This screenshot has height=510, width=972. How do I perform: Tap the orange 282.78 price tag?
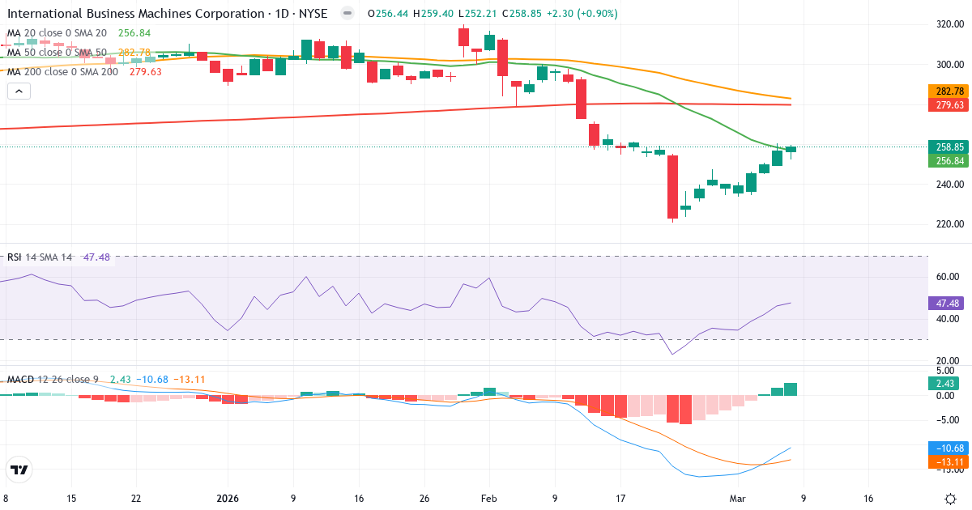[x=949, y=91]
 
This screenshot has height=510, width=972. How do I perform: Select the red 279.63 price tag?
[x=949, y=105]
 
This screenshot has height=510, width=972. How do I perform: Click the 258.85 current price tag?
[x=949, y=147]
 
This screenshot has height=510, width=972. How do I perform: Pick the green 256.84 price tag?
[x=949, y=161]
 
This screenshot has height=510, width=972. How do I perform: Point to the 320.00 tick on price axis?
[x=949, y=24]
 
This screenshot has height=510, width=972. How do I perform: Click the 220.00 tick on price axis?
[x=949, y=224]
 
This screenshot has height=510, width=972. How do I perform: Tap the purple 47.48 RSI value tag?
[x=949, y=304]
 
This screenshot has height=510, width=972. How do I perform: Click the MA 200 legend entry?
[x=62, y=71]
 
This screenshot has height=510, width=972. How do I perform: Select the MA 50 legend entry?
[x=57, y=52]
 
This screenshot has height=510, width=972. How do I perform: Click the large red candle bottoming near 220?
[x=672, y=187]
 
